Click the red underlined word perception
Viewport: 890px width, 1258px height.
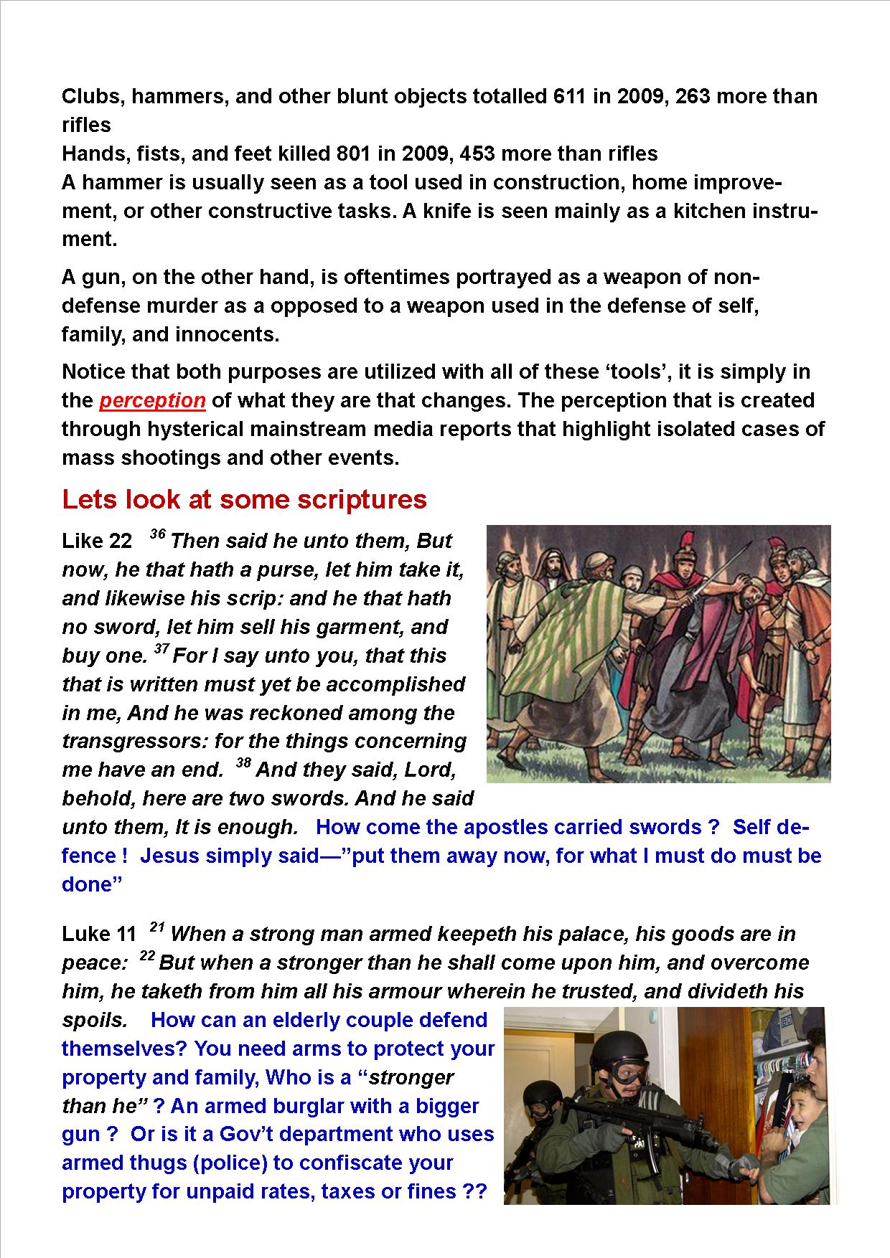point(152,400)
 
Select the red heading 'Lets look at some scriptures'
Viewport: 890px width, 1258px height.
point(244,499)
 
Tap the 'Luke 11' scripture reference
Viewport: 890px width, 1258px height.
point(98,934)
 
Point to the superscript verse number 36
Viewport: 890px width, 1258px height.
point(157,535)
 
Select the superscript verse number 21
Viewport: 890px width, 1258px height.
point(157,928)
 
